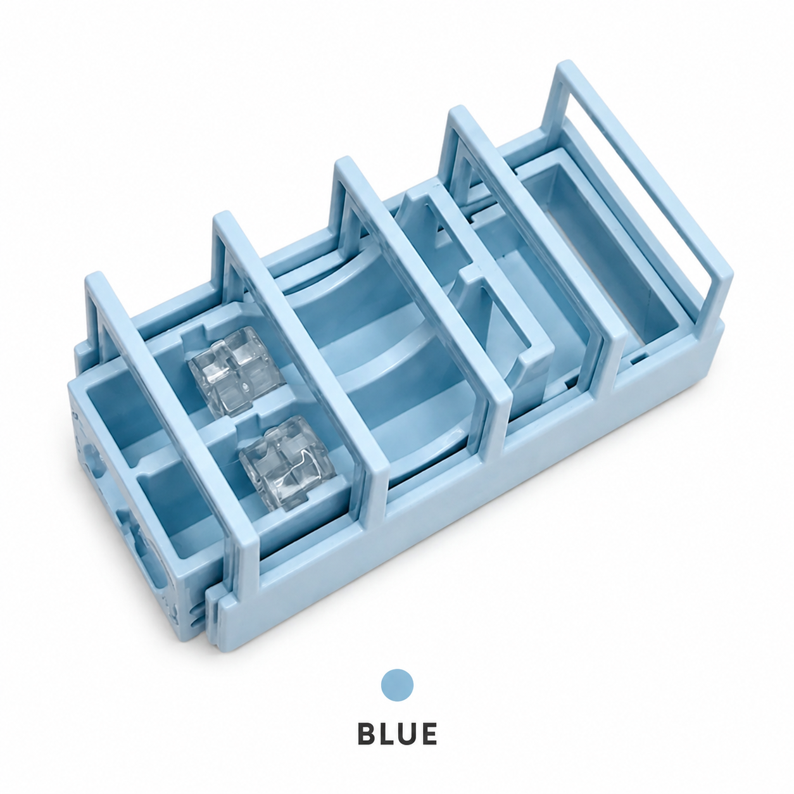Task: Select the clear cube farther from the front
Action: (x=237, y=371)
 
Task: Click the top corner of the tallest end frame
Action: (x=569, y=62)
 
